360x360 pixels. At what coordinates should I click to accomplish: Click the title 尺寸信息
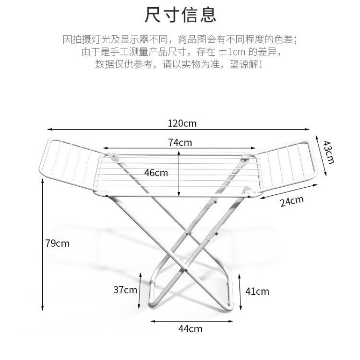180,14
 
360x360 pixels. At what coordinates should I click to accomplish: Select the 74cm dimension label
180,143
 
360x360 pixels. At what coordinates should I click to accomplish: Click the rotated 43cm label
329,152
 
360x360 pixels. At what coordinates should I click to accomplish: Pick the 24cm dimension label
292,202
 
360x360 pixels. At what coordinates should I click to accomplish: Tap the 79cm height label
58,243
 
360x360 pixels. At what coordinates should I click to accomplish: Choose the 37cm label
125,290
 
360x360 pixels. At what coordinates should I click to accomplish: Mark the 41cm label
257,291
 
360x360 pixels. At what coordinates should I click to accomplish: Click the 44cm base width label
190,328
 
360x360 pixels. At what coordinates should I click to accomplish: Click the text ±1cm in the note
231,52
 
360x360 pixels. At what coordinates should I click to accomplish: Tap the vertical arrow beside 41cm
241,291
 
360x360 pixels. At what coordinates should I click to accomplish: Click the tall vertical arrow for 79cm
43,243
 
